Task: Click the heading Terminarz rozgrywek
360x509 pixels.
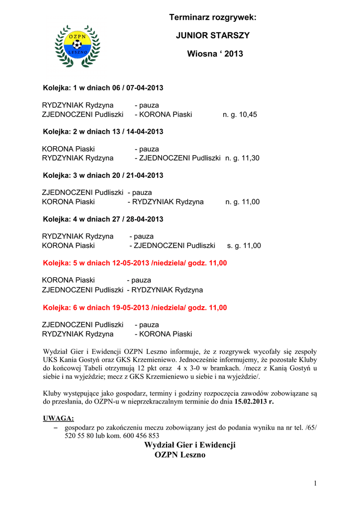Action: [x=212, y=18]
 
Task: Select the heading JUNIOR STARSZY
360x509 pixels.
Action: [x=213, y=36]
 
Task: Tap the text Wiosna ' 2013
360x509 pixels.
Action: [x=215, y=54]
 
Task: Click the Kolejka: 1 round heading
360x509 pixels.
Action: [x=103, y=88]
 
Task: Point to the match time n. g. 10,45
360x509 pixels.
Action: [x=240, y=114]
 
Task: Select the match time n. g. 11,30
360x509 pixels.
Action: [x=242, y=158]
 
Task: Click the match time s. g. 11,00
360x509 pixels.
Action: [x=244, y=246]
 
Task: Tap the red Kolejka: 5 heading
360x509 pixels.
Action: [x=135, y=263]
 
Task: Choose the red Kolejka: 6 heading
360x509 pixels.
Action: [x=135, y=308]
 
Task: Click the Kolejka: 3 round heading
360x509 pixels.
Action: [x=103, y=175]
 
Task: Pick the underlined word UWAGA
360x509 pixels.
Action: [x=59, y=418]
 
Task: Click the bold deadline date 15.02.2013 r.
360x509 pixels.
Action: [x=254, y=401]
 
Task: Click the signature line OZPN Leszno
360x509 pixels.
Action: [x=180, y=455]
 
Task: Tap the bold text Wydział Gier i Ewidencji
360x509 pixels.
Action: [x=189, y=445]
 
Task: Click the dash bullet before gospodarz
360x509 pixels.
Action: [x=55, y=427]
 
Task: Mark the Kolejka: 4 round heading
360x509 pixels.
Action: [x=103, y=219]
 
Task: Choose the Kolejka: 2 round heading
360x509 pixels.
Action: [x=103, y=132]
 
